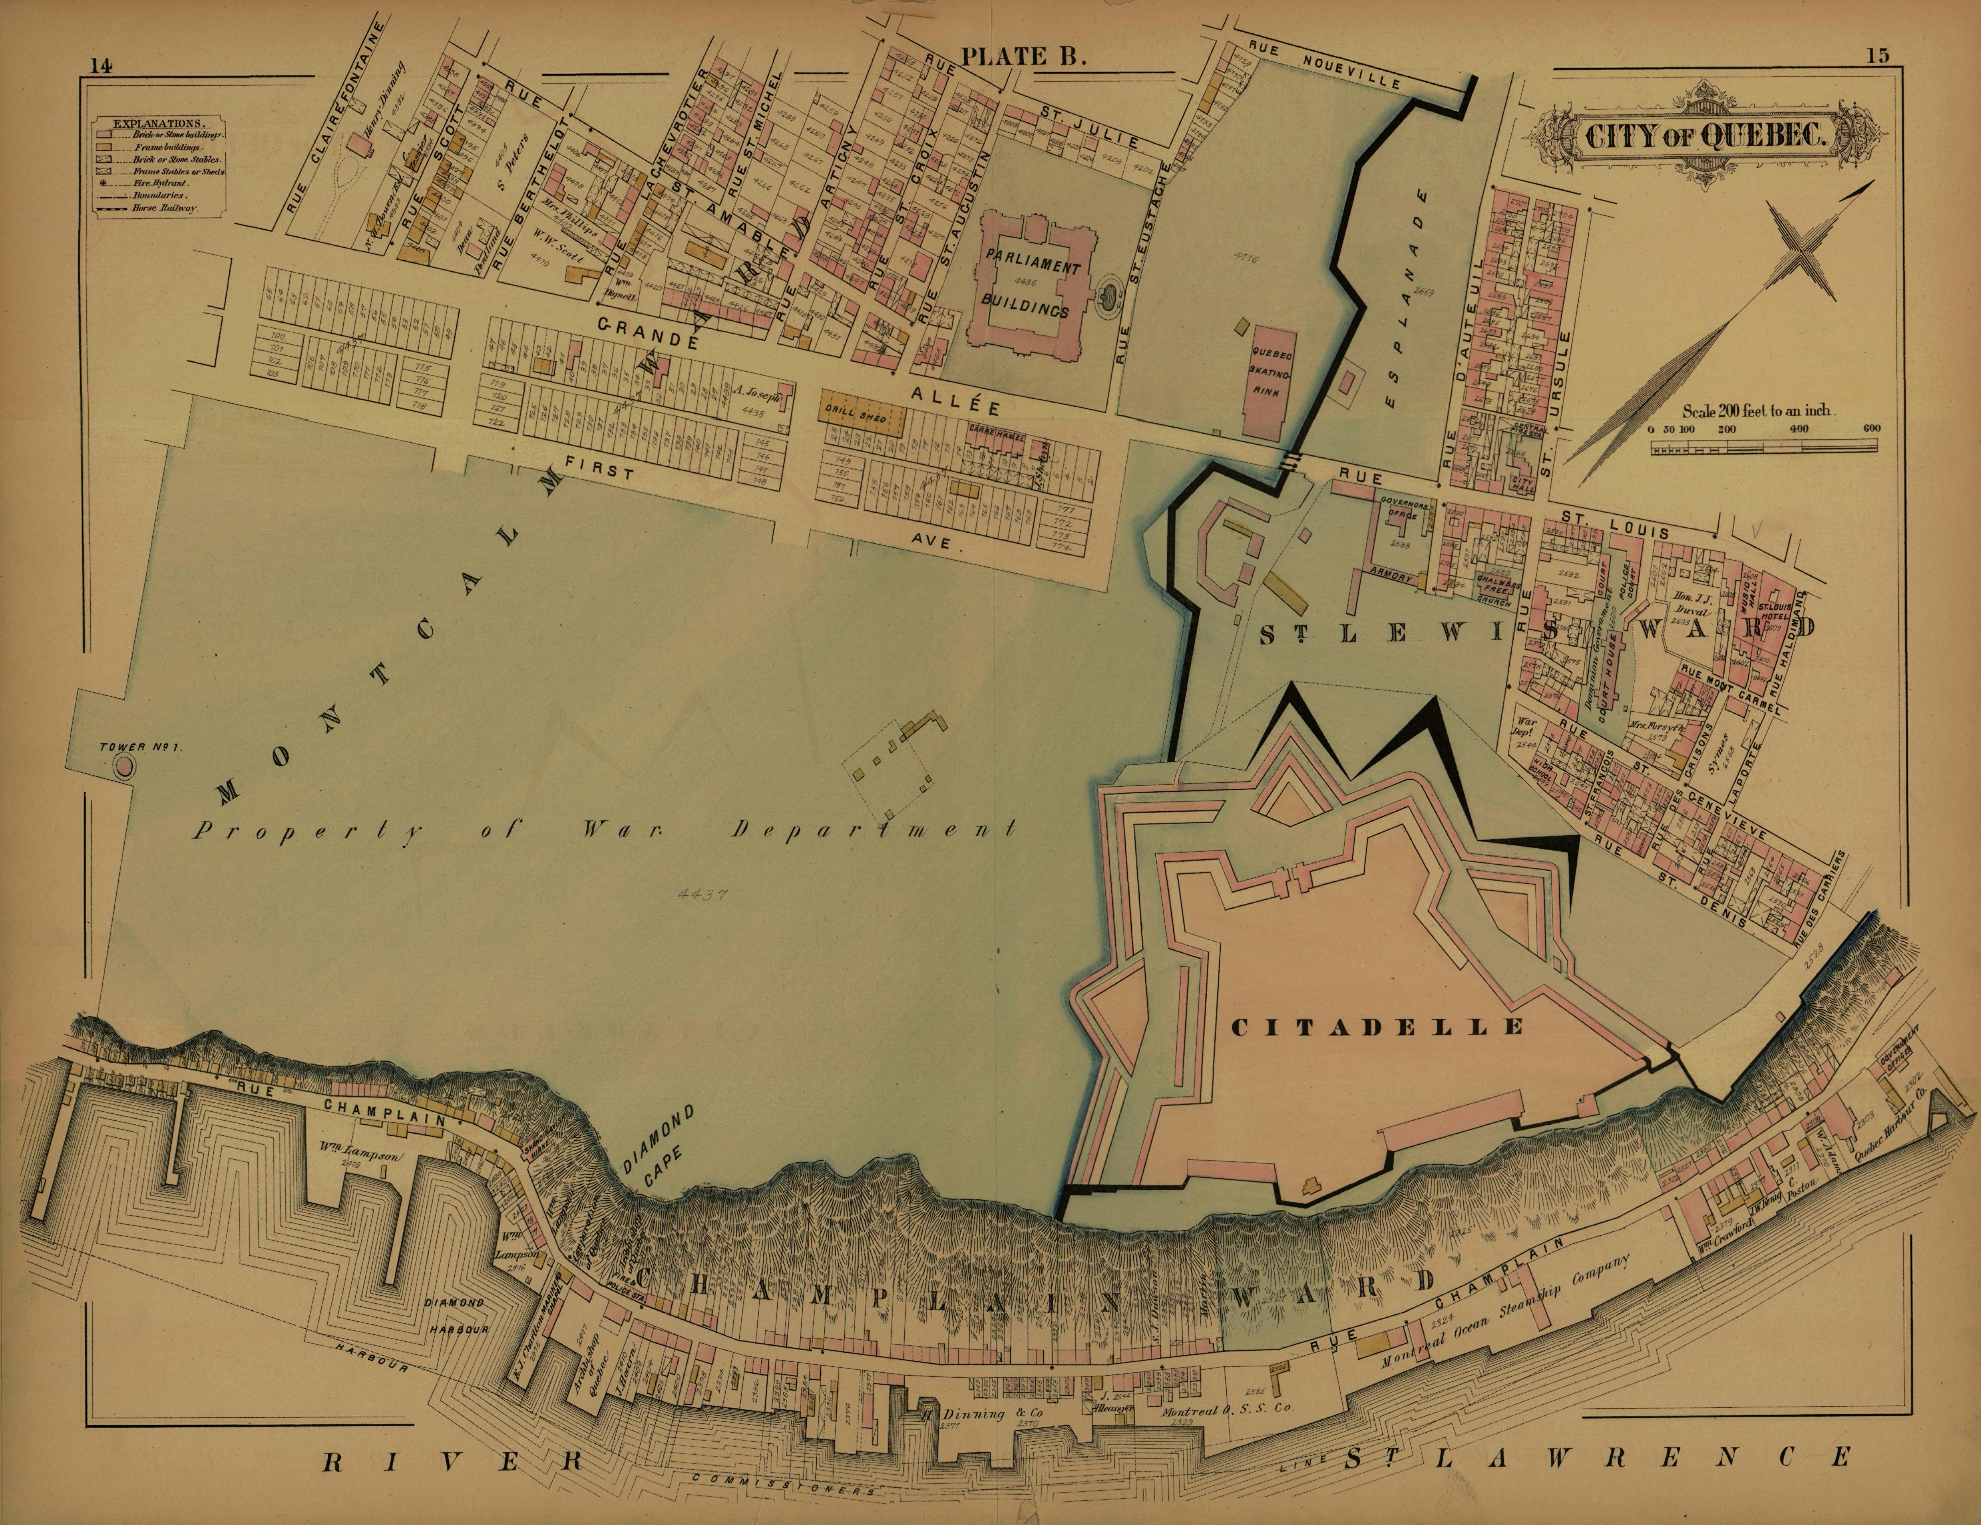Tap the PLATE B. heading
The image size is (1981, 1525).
(x=1023, y=56)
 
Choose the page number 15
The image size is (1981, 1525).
(x=1877, y=56)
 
